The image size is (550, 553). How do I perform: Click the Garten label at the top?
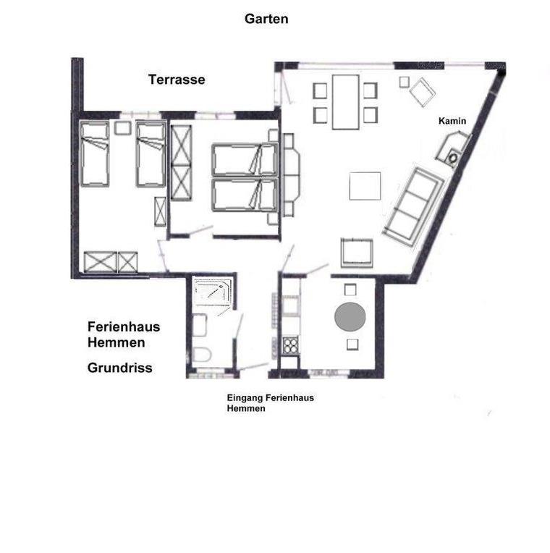(266, 19)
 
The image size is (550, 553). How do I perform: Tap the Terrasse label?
(177, 80)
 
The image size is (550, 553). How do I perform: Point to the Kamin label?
(452, 121)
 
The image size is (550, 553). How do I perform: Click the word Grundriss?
(120, 368)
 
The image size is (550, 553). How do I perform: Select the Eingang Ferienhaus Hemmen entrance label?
(271, 402)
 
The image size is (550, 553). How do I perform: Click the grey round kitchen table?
(350, 317)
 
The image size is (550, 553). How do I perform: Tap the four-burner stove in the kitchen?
(291, 345)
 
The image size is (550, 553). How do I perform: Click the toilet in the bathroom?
(201, 355)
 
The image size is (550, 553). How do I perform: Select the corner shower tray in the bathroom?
(213, 292)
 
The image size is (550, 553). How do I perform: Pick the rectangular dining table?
(345, 102)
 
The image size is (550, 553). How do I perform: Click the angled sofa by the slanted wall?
(413, 206)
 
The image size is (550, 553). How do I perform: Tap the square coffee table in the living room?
(365, 186)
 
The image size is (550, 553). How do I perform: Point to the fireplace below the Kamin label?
(454, 148)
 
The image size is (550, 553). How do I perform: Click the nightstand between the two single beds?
(122, 128)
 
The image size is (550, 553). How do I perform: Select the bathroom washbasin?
(199, 325)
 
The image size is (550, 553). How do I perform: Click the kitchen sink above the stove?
(291, 305)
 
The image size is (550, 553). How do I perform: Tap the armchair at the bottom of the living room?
(357, 253)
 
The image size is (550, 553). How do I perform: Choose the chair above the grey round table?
(350, 290)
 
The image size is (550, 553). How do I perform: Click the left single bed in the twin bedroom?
(95, 153)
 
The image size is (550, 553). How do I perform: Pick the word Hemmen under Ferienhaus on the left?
(117, 342)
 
